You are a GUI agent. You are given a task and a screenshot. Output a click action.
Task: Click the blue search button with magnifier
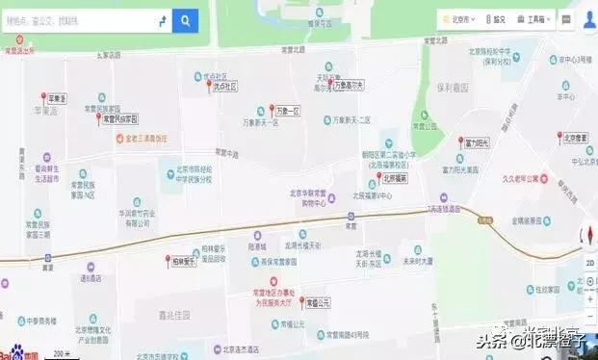pos(185,19)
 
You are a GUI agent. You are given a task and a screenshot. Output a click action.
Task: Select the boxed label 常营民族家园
pos(119,118)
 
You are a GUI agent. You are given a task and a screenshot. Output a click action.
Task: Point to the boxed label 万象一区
pos(287,112)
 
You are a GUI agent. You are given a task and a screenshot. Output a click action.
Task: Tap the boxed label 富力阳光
pos(479,142)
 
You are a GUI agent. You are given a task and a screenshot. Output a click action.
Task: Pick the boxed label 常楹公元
pos(312,302)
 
